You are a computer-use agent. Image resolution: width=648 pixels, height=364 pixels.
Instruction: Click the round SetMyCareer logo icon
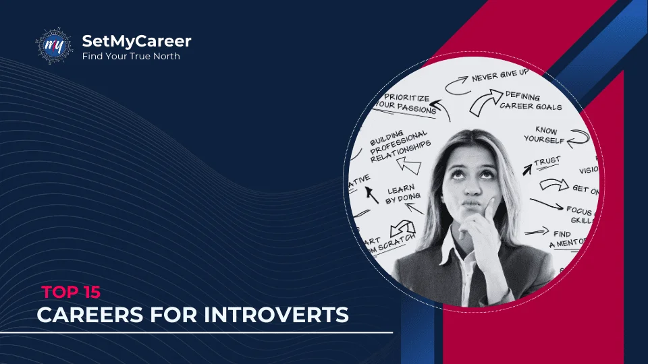point(53,46)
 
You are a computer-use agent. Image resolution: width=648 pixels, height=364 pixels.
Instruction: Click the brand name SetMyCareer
point(136,41)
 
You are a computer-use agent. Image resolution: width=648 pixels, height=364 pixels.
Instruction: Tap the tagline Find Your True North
point(131,57)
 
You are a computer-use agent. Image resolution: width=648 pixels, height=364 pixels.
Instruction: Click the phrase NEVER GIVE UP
point(500,76)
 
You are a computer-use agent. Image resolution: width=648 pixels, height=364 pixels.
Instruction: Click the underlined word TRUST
point(547,162)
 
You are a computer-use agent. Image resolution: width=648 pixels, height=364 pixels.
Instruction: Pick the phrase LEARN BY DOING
point(402,195)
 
